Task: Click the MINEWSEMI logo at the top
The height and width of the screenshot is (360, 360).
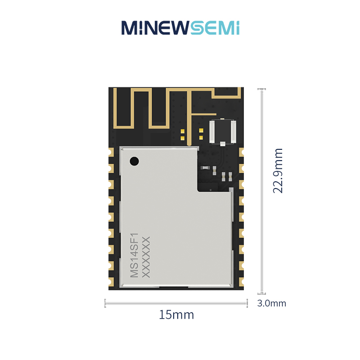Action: point(180,28)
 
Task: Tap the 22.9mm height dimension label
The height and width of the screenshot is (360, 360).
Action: point(278,171)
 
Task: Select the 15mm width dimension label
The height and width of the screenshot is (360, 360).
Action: point(176,315)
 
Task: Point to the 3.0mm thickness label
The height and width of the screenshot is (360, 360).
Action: point(272,303)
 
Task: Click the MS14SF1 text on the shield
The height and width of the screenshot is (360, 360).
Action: point(135,255)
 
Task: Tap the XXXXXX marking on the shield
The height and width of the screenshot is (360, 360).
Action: point(146,257)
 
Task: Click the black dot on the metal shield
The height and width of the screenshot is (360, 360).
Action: point(134,161)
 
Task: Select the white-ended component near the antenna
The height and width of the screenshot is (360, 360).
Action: point(222,132)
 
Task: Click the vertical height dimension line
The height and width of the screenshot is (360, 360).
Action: point(261,191)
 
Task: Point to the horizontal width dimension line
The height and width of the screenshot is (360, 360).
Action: point(176,303)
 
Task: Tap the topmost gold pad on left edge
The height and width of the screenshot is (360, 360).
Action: point(111,152)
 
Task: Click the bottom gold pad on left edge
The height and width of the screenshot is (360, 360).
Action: point(111,282)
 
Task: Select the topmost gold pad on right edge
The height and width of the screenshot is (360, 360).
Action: point(241,152)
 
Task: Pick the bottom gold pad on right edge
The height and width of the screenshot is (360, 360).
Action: point(241,282)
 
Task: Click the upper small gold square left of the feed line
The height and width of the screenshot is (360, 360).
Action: point(183,131)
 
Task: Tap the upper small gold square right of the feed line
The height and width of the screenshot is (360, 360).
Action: point(201,130)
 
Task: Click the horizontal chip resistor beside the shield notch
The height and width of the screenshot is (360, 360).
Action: point(205,168)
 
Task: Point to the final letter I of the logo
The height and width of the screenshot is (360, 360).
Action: point(238,28)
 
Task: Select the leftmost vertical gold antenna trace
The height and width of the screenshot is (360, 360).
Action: point(115,108)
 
